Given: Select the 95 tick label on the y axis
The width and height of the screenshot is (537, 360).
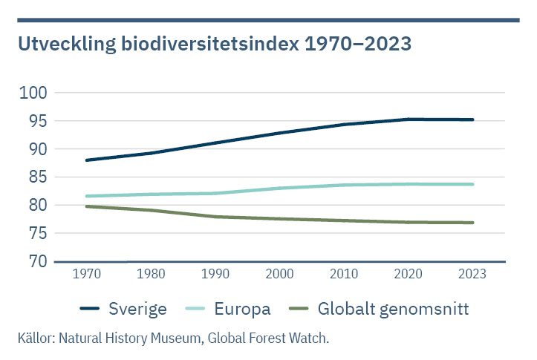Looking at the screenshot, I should (x=37, y=121).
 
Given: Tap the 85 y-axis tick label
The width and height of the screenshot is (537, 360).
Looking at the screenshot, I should (x=37, y=177).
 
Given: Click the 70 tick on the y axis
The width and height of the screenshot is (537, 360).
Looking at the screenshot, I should (x=37, y=261).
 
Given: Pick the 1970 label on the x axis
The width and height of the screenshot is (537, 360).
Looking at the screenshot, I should (x=88, y=274).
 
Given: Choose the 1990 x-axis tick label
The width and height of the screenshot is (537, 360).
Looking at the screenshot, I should (x=216, y=274).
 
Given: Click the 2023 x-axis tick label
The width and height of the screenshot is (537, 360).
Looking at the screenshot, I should (x=472, y=274).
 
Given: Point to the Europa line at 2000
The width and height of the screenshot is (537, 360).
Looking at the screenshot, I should (x=280, y=189).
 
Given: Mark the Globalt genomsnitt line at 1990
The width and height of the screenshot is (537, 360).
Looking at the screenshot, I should (x=216, y=217).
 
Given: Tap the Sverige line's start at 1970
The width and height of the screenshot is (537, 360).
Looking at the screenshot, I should (x=88, y=160).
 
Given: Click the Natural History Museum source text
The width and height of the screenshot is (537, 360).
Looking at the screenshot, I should (x=137, y=338).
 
